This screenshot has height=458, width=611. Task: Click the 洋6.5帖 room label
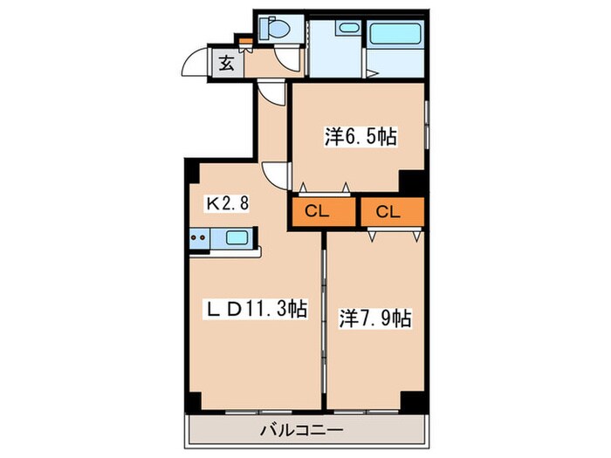(361, 136)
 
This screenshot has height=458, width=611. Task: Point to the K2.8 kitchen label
(228, 204)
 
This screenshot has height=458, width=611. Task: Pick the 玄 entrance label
(226, 63)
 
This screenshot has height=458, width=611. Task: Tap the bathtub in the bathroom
(395, 38)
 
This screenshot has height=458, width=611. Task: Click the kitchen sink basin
(237, 237)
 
